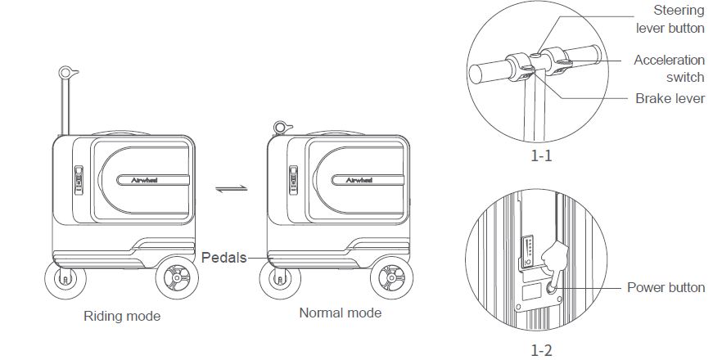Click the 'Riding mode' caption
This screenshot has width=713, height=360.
tap(122, 315)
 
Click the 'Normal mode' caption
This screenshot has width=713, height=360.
tap(340, 313)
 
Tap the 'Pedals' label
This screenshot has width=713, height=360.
tap(224, 257)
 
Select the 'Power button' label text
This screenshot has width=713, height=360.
tap(666, 287)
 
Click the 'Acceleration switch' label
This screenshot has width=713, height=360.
tap(669, 69)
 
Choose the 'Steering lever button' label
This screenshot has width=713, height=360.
tap(670, 20)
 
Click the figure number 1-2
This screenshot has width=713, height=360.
tap(541, 350)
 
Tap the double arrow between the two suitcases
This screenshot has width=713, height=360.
tap(231, 189)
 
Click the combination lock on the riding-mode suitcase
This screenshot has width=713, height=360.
tap(79, 179)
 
